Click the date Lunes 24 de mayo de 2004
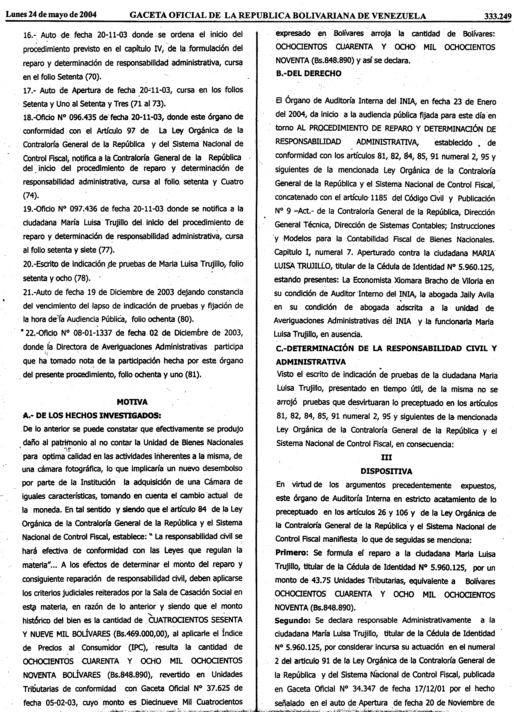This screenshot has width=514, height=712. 51,15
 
